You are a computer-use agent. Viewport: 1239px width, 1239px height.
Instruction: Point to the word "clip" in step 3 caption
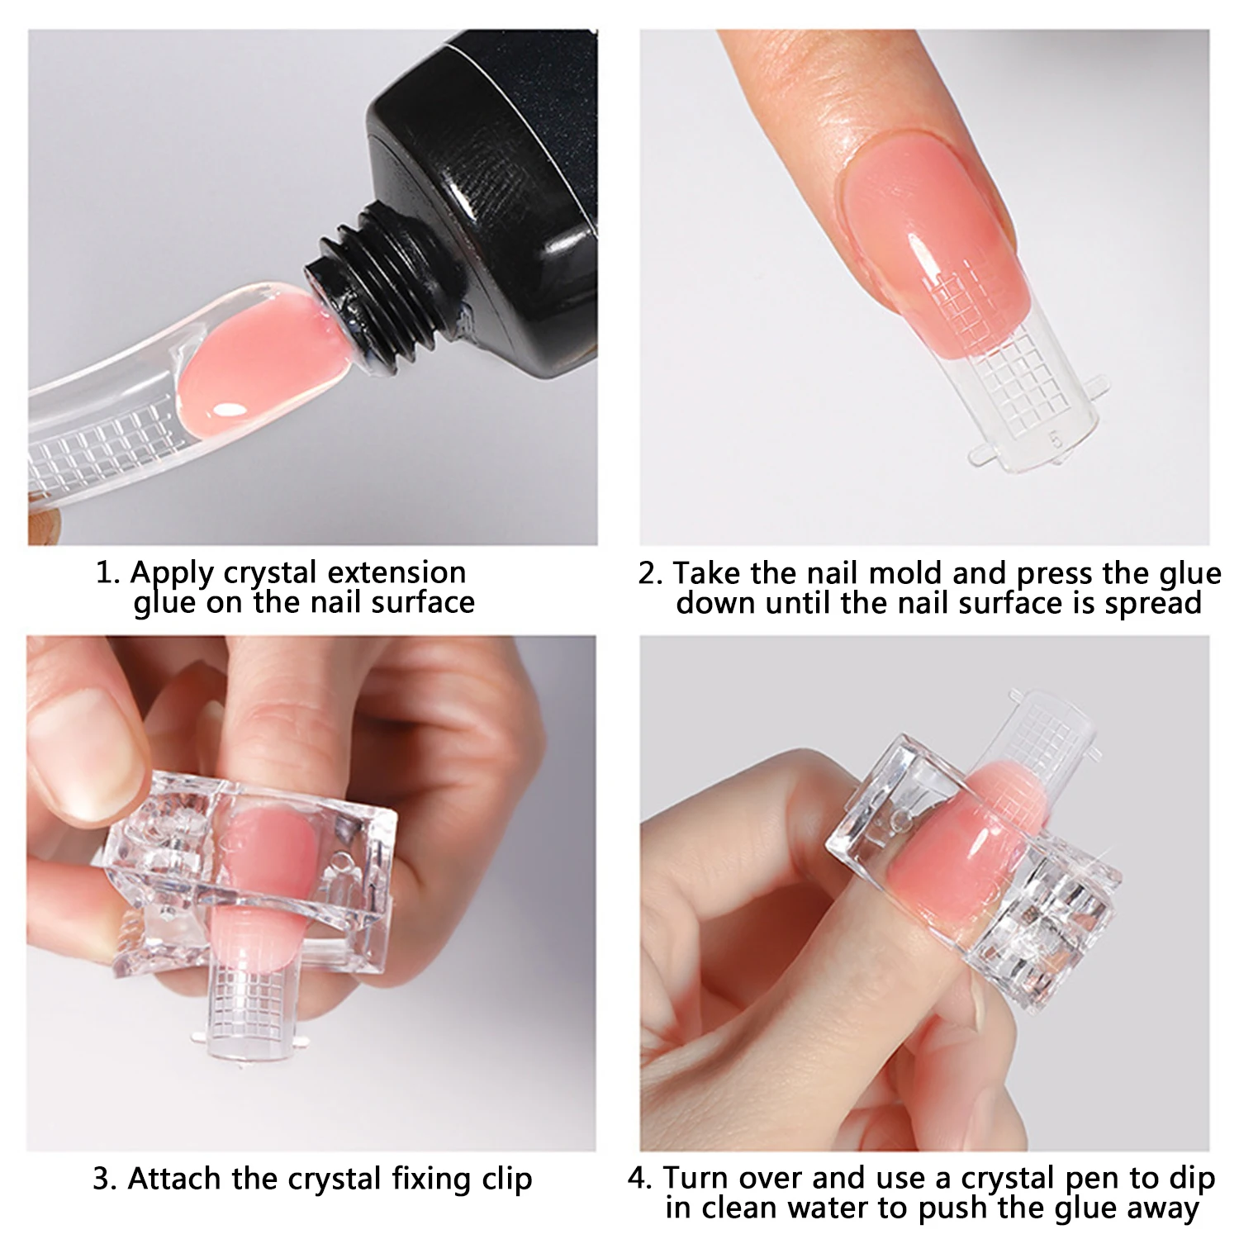coord(506,1179)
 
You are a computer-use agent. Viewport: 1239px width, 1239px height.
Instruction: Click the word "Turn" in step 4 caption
coord(695,1179)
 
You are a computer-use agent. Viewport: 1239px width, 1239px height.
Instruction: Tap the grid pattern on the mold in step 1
coord(99,450)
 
